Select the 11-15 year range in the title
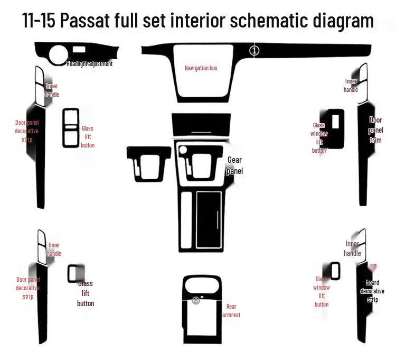(39, 21)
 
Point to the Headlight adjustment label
(89, 64)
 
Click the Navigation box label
(201, 68)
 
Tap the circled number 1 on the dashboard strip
(254, 50)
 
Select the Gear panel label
(235, 165)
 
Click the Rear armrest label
(231, 310)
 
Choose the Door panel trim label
(375, 130)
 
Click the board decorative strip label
(372, 291)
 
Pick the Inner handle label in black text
(352, 248)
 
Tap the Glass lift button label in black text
(86, 293)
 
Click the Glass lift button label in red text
(88, 136)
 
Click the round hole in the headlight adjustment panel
(58, 54)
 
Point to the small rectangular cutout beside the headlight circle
(79, 50)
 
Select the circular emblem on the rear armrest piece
(196, 300)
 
